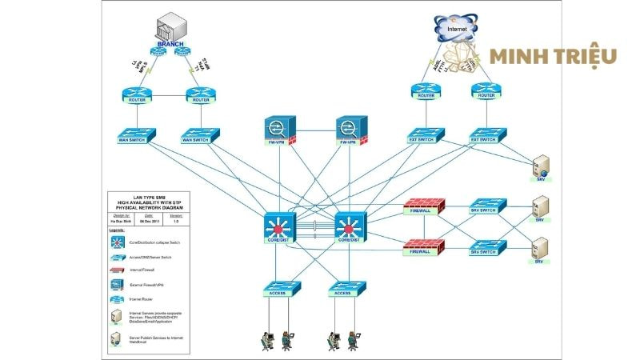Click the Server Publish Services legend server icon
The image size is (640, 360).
[x=118, y=339]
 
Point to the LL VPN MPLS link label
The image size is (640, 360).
[x=140, y=66]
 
